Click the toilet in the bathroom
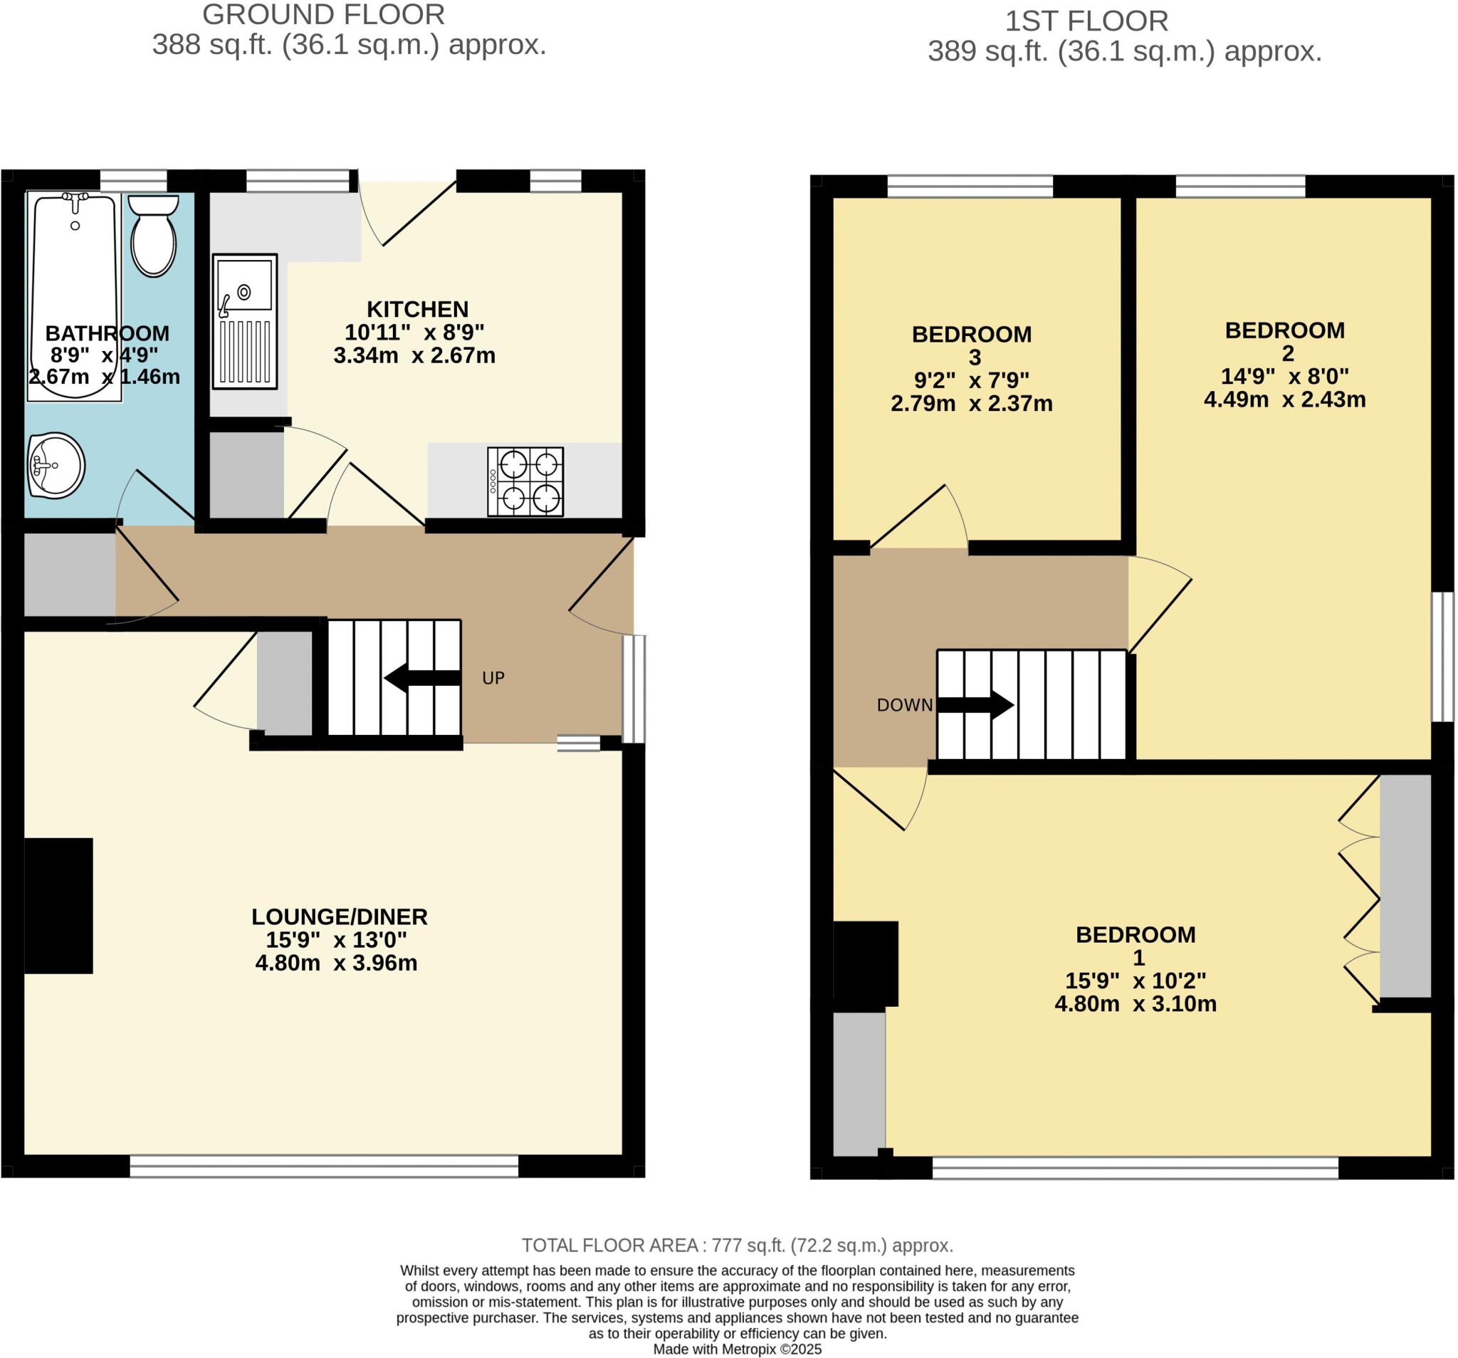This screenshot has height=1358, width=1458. [x=154, y=235]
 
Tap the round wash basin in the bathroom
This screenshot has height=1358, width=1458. [x=56, y=465]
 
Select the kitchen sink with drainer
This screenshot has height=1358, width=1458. [x=245, y=320]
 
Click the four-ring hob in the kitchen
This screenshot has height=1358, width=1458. [x=526, y=481]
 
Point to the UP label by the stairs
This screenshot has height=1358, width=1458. [x=493, y=678]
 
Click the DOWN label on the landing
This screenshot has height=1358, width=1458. [x=904, y=705]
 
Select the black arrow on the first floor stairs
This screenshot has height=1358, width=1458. [x=976, y=705]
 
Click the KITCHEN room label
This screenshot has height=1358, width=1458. [x=417, y=309]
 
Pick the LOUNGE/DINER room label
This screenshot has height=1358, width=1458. [x=339, y=916]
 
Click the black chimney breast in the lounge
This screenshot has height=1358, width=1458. [x=58, y=905]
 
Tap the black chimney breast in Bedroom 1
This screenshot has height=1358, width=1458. [x=866, y=963]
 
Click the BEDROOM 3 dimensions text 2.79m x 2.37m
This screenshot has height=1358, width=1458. [x=971, y=404]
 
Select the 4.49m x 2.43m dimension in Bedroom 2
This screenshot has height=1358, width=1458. [x=1284, y=399]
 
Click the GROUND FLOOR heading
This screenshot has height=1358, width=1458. [x=323, y=15]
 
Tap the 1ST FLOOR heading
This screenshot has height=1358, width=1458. [x=1086, y=21]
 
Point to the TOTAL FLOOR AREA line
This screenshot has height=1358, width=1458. [x=737, y=1245]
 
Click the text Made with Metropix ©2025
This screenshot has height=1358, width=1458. [x=737, y=1349]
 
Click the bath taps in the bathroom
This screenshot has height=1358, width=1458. [x=75, y=199]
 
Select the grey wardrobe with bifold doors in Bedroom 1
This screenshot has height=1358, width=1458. [x=1405, y=886]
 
